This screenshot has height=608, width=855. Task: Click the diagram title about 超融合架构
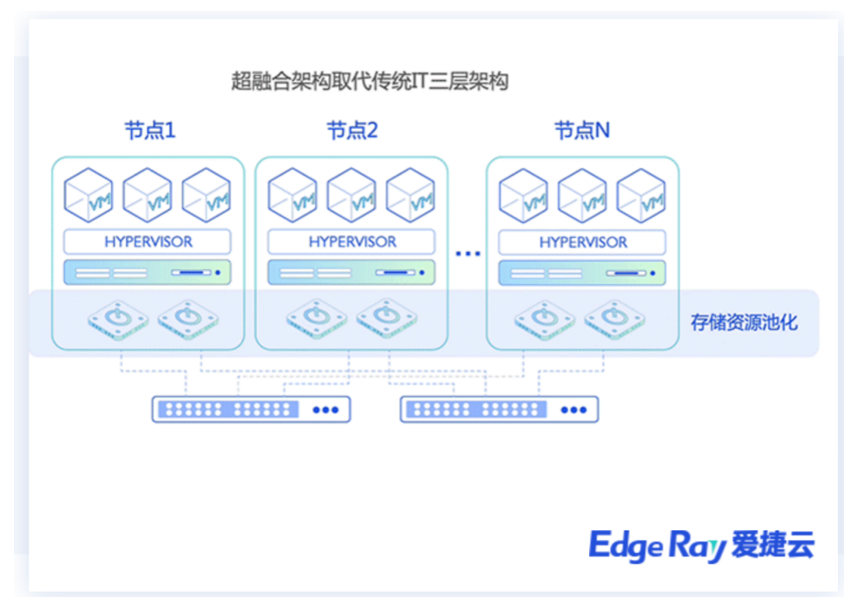click(x=370, y=81)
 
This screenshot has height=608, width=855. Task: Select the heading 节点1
click(x=150, y=131)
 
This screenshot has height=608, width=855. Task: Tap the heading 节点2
click(x=352, y=131)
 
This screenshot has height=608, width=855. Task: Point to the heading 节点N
click(x=582, y=131)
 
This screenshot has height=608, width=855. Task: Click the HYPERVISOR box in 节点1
click(x=148, y=242)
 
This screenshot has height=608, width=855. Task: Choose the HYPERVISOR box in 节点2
click(x=352, y=242)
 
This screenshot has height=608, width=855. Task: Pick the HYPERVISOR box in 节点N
click(x=583, y=242)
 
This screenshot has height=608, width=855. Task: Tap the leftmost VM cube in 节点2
click(x=292, y=195)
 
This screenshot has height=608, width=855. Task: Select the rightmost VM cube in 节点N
click(x=641, y=195)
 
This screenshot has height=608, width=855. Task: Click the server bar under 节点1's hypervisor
click(x=148, y=273)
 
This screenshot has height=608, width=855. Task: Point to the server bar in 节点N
click(x=583, y=273)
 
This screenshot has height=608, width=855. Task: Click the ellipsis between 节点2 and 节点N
click(x=468, y=253)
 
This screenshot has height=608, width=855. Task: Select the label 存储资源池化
click(x=744, y=323)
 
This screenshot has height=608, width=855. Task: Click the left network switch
click(x=251, y=409)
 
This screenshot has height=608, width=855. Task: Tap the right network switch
click(x=499, y=409)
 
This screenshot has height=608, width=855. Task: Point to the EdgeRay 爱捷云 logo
click(x=701, y=546)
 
